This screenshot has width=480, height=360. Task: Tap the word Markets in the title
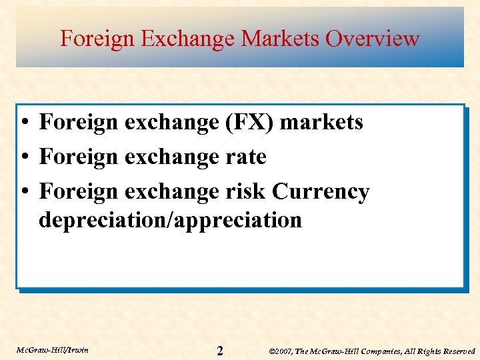280,39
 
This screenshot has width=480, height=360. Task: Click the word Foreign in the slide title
97,39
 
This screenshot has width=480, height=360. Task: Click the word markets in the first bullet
321,123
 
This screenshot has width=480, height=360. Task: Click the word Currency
321,192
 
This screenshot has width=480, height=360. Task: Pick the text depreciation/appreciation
170,220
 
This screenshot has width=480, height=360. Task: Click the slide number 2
220,351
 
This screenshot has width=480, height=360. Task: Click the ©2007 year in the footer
281,351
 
